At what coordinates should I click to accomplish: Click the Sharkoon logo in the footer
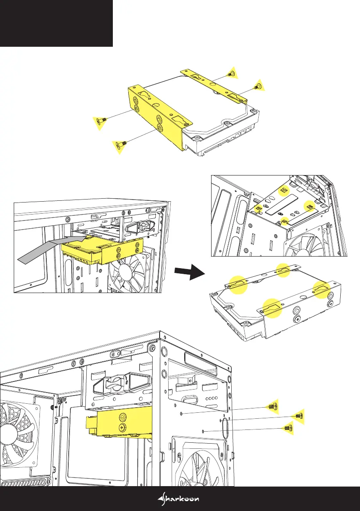pyautogui.click(x=180, y=499)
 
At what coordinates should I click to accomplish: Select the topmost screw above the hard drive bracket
pyautogui.click(x=232, y=74)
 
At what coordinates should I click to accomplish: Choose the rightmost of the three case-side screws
pyautogui.click(x=299, y=415)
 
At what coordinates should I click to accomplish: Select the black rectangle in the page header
pyautogui.click(x=56, y=23)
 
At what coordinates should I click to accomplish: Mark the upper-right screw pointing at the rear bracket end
pyautogui.click(x=258, y=86)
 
